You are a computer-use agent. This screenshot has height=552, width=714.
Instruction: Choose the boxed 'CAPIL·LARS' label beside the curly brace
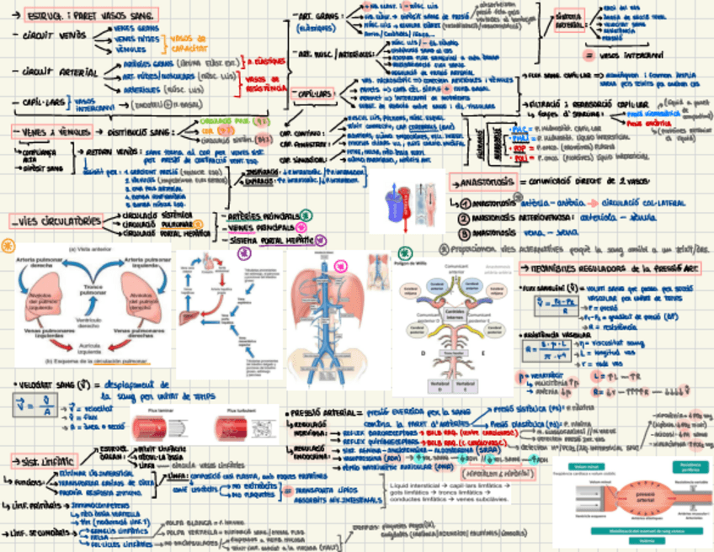[315, 95]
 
